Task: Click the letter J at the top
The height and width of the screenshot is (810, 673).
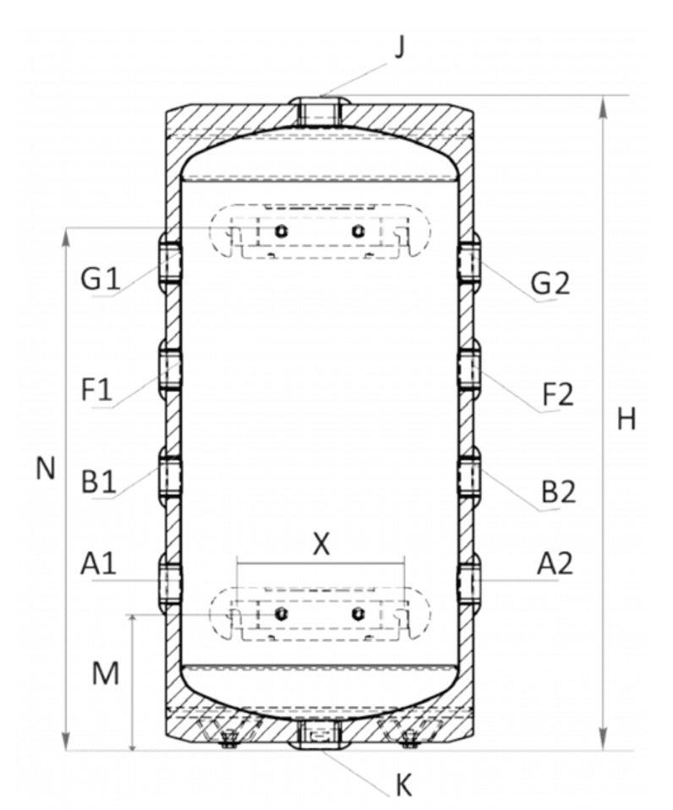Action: (400, 47)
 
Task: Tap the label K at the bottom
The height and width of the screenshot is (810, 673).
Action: (404, 785)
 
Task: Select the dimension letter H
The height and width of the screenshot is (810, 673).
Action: (626, 419)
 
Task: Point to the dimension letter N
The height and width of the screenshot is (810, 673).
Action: (46, 468)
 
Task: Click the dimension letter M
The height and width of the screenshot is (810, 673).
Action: (106, 673)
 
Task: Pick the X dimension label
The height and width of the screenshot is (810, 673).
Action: (321, 544)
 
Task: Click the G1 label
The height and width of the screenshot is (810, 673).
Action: (101, 279)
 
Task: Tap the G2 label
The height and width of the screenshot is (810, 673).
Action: (550, 283)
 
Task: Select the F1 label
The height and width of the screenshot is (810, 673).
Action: (96, 390)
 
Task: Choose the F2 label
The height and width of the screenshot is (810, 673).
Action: (558, 395)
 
